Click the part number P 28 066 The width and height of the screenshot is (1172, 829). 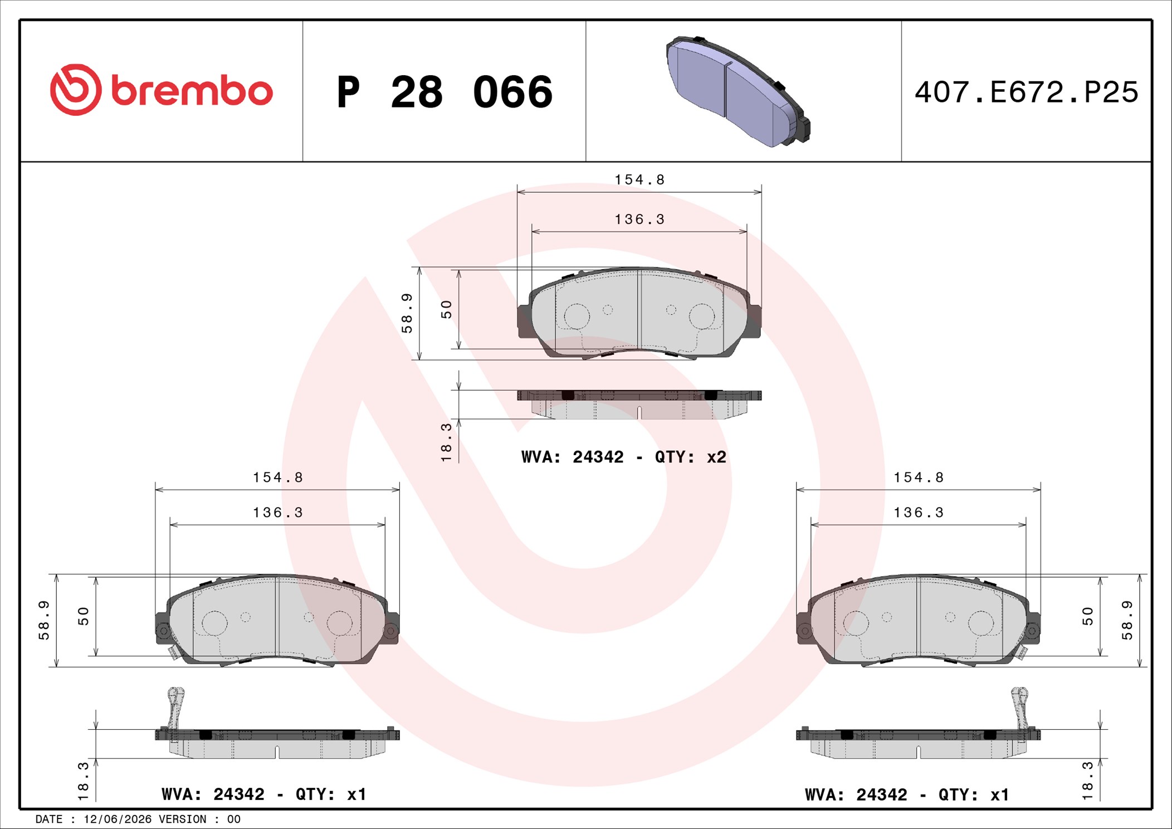[445, 92]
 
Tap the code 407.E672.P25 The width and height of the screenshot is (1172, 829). [1027, 92]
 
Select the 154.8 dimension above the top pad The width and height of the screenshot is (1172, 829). [639, 179]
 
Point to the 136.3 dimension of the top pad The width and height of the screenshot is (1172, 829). [639, 220]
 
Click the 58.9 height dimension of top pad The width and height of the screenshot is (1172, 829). [407, 313]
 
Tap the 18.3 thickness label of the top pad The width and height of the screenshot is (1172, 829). [446, 442]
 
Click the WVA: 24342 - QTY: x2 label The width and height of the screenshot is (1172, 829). [624, 457]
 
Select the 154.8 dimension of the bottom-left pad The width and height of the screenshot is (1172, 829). [278, 477]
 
